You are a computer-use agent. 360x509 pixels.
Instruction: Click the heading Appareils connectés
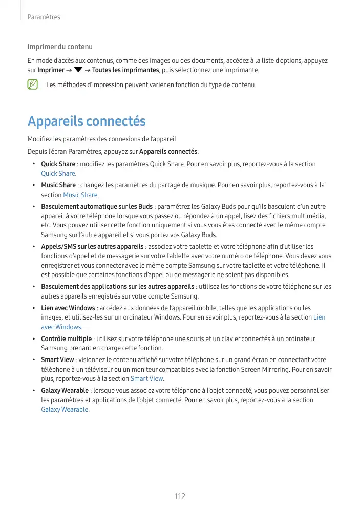87,122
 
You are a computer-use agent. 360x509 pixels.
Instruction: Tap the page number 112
180,497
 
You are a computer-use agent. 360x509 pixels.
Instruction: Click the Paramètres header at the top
44,17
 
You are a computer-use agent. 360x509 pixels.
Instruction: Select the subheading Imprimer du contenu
60,47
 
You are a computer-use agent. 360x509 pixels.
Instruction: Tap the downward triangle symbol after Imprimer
78,70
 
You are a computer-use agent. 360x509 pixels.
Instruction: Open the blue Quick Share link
58,174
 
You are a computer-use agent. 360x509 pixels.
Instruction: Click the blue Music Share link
80,195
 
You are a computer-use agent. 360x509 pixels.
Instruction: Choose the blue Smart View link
146,379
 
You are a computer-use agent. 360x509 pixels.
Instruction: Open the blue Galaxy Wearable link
64,409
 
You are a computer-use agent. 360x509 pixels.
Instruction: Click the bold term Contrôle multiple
66,338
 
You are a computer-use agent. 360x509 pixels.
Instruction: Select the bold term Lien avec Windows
68,308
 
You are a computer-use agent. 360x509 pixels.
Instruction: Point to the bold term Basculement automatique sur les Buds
97,207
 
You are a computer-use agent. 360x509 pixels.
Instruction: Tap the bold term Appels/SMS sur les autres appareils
92,247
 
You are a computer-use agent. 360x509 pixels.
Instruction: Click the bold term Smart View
57,359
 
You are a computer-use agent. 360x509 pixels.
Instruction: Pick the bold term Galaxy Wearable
65,391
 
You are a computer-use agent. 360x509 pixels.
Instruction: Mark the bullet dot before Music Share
33,185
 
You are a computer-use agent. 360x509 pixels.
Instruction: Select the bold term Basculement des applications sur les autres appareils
117,287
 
